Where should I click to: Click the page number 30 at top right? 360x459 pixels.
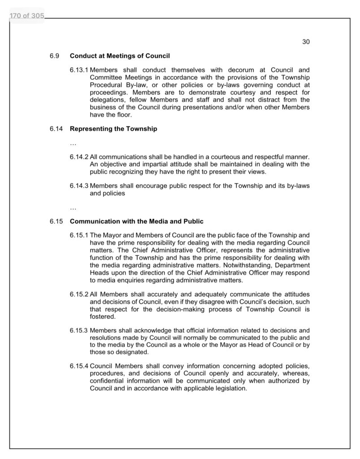coord(306,42)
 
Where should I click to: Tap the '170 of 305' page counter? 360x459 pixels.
coord(26,17)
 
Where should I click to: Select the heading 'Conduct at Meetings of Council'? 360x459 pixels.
coord(120,56)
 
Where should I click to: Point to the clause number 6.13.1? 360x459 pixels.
coord(79,70)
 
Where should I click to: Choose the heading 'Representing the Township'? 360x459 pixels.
coord(113,129)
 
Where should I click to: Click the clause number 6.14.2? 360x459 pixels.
coord(79,157)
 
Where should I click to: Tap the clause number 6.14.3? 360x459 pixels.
coord(79,186)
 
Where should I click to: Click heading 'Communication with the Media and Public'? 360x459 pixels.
coord(137,221)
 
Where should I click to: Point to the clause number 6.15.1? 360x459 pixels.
coord(79,235)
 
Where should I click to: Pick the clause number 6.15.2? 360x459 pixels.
coord(79,294)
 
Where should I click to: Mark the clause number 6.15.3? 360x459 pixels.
coord(79,331)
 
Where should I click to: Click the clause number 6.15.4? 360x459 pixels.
coord(79,367)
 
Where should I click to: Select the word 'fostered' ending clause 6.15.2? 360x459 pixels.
coord(103,316)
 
